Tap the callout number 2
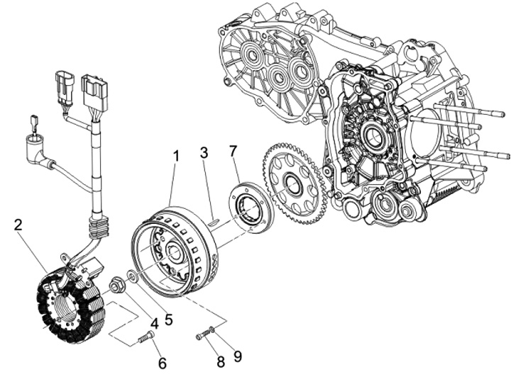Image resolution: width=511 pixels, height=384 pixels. [x=19, y=225]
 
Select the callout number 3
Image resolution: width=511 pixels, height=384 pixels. [x=204, y=152]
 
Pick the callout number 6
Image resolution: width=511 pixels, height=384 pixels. [x=163, y=363]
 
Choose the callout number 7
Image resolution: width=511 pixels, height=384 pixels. [x=233, y=152]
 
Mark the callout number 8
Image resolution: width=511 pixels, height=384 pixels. [x=221, y=361]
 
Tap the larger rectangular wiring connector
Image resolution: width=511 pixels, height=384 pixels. [x=94, y=89]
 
